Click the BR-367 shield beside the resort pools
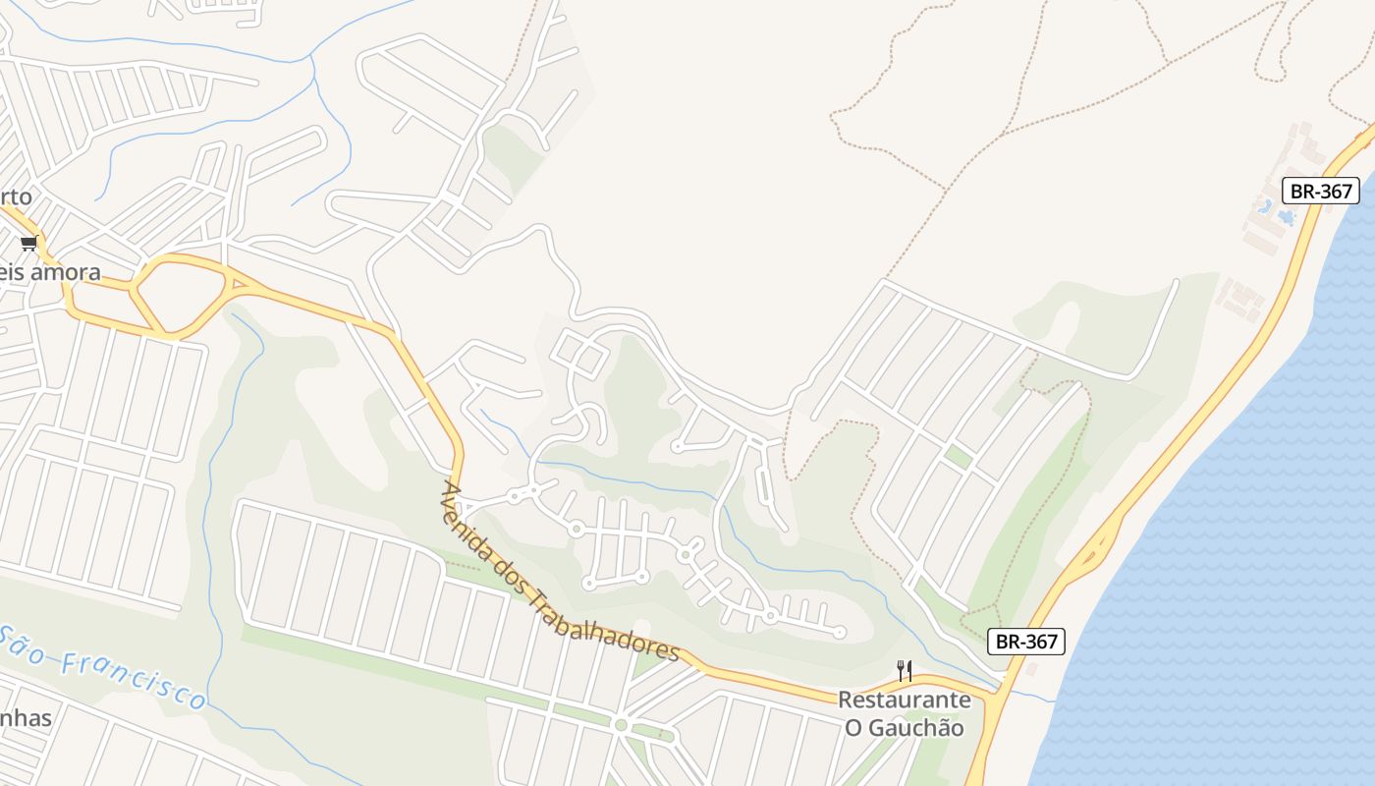point(1320,191)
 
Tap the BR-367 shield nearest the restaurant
point(1025,642)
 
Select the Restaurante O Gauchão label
point(904,714)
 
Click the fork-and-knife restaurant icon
point(905,672)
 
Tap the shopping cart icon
point(28,243)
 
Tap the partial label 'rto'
point(16,196)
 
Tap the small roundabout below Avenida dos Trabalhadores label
point(620,725)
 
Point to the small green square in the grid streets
point(959,457)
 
